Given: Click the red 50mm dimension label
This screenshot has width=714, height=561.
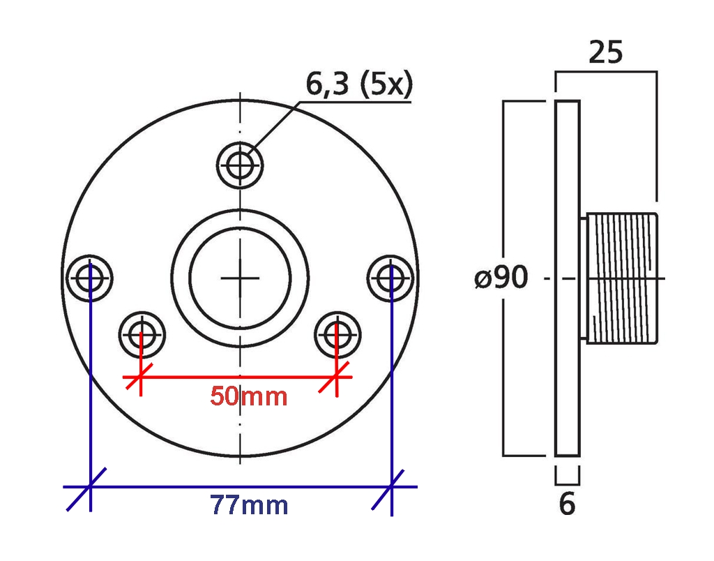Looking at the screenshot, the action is (x=249, y=396).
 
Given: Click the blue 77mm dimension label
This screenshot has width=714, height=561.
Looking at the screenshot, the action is (x=249, y=505).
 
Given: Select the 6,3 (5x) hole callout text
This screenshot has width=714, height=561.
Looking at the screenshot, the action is (x=359, y=84).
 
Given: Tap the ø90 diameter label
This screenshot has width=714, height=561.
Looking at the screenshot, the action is (x=501, y=277).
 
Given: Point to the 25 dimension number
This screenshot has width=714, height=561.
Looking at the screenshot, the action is (x=606, y=52).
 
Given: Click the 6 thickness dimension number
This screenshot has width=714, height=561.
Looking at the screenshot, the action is (x=568, y=504).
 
